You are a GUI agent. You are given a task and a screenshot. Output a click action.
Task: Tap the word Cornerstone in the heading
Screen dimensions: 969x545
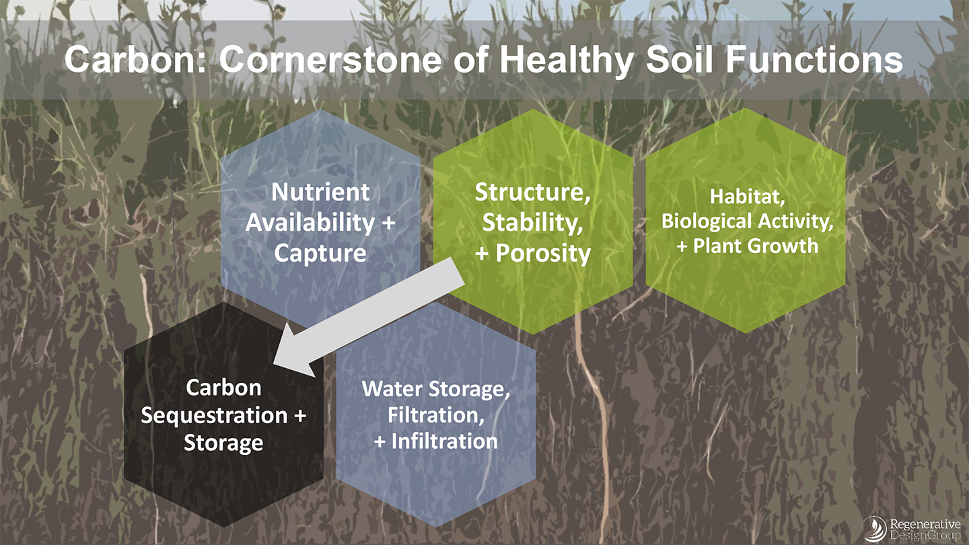330,59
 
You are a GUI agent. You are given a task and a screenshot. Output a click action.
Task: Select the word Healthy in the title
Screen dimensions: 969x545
567,61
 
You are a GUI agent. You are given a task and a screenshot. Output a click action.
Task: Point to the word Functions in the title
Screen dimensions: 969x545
814,59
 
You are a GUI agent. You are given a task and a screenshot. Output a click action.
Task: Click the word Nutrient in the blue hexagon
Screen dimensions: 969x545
320,192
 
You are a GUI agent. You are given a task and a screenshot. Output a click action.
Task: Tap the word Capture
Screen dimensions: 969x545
320,254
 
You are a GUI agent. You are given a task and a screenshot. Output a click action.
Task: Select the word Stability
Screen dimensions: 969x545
532,223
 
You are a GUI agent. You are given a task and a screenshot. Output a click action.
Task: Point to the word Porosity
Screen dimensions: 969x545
543,254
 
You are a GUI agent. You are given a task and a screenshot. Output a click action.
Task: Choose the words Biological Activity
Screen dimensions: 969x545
747,222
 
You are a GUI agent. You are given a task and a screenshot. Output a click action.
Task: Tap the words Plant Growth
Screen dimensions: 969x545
756,246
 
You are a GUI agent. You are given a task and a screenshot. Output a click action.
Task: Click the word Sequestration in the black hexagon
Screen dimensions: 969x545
214,416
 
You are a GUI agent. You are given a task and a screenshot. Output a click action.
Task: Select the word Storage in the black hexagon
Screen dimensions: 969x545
223,443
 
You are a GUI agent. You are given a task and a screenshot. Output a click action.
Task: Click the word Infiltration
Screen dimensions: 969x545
444,441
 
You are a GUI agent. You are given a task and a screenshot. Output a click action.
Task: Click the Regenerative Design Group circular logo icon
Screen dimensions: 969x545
873,529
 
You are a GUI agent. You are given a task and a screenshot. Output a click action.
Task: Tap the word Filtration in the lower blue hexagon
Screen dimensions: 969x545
436,415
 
